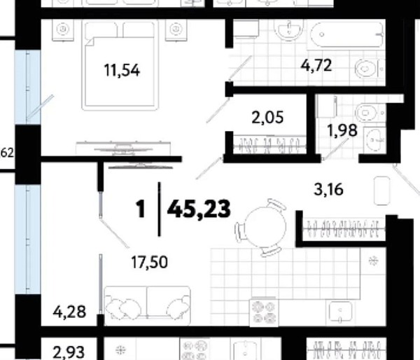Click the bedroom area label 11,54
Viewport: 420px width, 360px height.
[x=122, y=71]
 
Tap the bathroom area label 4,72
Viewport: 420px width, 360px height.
[x=316, y=65]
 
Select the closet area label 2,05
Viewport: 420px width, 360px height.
[x=267, y=118]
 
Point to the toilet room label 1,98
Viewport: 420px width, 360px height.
[x=342, y=130]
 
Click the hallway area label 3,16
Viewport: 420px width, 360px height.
[x=328, y=190]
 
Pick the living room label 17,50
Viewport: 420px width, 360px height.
[x=150, y=262]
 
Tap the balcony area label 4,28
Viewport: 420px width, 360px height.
[x=69, y=312]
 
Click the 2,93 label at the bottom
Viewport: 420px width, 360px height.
[x=69, y=352]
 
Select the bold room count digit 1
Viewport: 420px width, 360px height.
[x=141, y=209]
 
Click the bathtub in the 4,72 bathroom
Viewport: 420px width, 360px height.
[x=346, y=35]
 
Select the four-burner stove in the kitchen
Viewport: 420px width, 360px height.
[x=264, y=312]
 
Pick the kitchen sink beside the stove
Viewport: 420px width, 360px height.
[x=340, y=312]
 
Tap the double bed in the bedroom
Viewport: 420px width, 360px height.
[x=120, y=66]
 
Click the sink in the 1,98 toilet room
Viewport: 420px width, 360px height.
[x=375, y=139]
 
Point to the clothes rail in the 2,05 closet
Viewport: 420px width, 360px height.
[x=269, y=146]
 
